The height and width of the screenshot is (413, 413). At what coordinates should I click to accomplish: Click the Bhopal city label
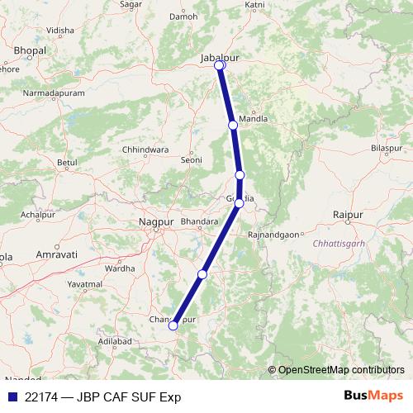31,51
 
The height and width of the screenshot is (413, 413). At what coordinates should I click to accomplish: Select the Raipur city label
348,215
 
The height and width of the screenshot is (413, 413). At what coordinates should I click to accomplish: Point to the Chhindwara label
145,150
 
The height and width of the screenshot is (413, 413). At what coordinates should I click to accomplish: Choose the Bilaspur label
386,147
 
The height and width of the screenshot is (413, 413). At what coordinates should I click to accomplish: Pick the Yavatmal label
83,283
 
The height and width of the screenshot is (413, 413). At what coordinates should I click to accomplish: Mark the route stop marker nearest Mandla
233,125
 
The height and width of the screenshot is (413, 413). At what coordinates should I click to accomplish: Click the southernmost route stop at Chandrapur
173,325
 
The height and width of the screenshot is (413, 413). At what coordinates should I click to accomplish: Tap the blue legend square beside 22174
11,396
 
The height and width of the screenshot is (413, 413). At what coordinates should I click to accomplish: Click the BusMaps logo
373,396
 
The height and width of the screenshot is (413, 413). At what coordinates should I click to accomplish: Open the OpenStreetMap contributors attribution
341,369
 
